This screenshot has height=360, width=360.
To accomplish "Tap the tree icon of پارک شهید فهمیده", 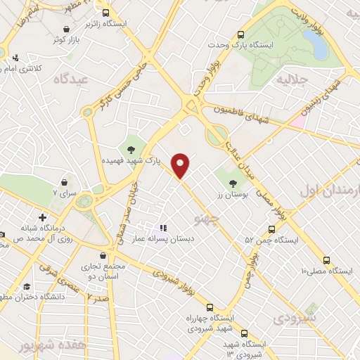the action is pyautogui.click(x=131, y=148).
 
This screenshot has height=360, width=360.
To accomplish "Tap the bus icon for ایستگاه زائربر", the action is pyautogui.click(x=106, y=13).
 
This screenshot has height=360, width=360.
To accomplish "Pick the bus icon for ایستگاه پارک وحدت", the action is pyautogui.click(x=241, y=33).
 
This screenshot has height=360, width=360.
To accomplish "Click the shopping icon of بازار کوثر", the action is pyautogui.click(x=66, y=29).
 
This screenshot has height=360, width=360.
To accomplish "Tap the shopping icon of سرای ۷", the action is pyautogui.click(x=65, y=182).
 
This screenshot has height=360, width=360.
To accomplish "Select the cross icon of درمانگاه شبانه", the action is pyautogui.click(x=43, y=219).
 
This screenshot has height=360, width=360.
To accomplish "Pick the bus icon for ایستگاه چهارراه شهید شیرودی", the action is pyautogui.click(x=209, y=307).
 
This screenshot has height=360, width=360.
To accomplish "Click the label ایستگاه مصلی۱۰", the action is pyautogui.click(x=326, y=271).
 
